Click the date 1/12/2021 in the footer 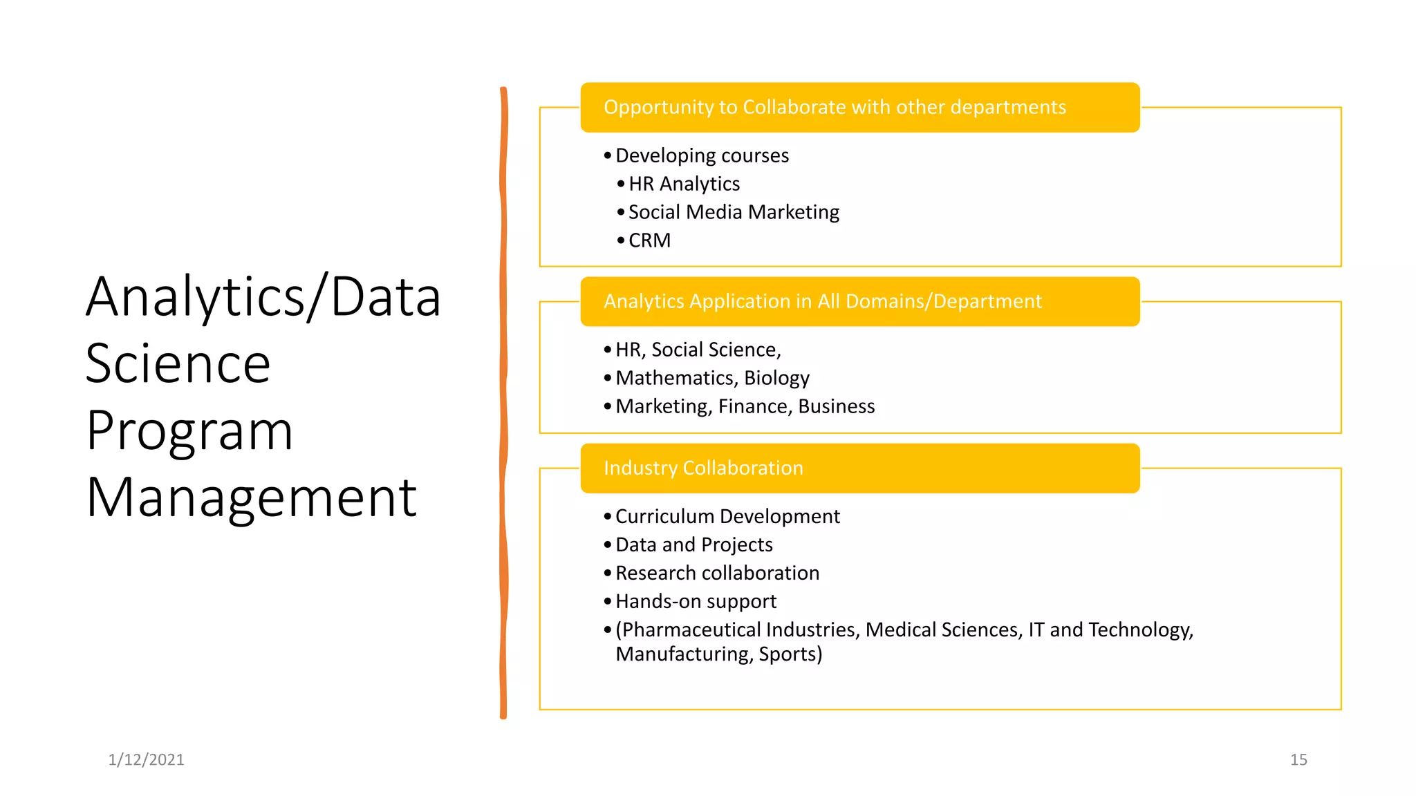[146, 759]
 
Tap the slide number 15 [1298, 759]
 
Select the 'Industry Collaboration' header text [703, 468]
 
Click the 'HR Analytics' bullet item [684, 184]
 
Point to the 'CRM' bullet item [649, 240]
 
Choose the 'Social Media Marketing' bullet [734, 212]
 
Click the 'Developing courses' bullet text [702, 155]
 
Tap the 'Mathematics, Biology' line [712, 378]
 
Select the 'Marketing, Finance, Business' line [745, 406]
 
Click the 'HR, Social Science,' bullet [698, 350]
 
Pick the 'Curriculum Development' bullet [727, 516]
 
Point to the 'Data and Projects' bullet [693, 544]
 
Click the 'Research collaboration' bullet [717, 573]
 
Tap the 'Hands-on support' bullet [696, 601]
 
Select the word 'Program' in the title [189, 430]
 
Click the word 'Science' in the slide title [178, 363]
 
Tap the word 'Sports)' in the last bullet [790, 654]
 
